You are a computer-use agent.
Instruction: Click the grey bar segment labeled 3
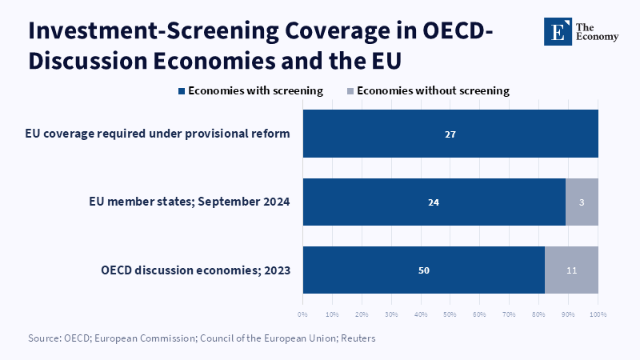[582, 202]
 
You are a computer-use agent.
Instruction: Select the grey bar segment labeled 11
[571, 270]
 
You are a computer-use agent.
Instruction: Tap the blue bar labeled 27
[450, 134]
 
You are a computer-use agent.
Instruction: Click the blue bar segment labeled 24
[434, 202]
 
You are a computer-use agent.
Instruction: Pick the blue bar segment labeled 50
[424, 270]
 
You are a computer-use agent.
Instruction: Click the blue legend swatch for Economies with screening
[182, 91]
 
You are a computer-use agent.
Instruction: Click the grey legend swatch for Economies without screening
[350, 91]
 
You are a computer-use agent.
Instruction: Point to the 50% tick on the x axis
[450, 314]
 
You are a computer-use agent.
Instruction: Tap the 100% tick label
[598, 314]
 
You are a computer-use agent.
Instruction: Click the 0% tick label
[302, 314]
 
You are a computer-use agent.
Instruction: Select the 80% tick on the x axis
[538, 314]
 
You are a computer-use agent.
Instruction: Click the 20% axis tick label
[362, 314]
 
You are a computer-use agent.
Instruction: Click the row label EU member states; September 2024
[190, 202]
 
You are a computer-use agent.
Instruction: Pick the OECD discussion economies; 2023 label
[195, 270]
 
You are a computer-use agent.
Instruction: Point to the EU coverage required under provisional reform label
[158, 134]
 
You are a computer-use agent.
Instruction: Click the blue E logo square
[558, 31]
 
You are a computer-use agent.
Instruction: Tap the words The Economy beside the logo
[597, 32]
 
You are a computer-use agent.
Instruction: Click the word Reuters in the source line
[358, 338]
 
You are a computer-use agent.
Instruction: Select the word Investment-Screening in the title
[154, 30]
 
